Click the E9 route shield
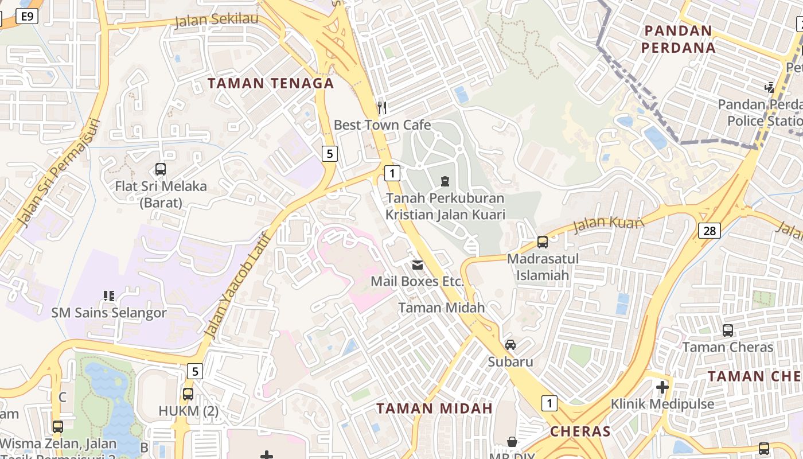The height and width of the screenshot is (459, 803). (x=27, y=16)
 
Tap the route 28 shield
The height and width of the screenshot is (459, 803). (x=710, y=231)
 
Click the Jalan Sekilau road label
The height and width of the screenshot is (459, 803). (x=216, y=20)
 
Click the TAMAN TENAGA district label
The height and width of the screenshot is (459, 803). (x=271, y=83)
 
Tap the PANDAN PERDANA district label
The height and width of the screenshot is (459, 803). (x=679, y=39)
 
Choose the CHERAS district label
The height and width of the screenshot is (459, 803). (x=580, y=431)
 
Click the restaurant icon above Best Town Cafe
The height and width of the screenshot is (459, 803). (x=382, y=107)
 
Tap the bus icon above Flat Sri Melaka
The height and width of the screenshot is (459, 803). (x=161, y=169)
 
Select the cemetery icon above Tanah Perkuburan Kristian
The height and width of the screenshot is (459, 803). (x=445, y=181)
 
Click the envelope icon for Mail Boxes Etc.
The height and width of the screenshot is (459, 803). (x=418, y=265)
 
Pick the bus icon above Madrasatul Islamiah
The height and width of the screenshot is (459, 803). (x=542, y=242)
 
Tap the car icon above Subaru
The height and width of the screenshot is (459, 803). (x=510, y=345)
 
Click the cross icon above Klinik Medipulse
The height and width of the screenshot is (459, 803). (x=662, y=387)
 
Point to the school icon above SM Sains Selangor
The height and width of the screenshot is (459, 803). (x=109, y=296)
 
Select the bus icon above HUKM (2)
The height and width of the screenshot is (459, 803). (x=188, y=394)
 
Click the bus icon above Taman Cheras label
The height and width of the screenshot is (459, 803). (x=727, y=330)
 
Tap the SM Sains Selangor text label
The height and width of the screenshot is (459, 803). (x=109, y=313)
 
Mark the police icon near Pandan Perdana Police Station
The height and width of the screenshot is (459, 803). (x=770, y=88)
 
